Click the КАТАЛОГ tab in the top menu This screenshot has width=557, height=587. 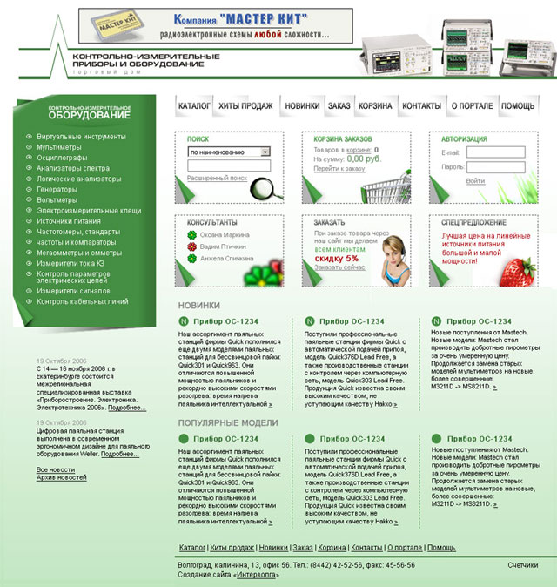point(194,105)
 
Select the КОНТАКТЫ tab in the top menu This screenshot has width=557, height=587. point(422,105)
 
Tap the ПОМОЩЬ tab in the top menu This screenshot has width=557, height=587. point(518,105)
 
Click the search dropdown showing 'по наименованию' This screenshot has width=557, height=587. point(228,152)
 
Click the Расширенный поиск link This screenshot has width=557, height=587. point(217,178)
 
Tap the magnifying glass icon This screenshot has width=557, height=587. point(262,187)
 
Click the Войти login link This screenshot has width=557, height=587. point(475,181)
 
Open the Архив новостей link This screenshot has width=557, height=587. point(61,477)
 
